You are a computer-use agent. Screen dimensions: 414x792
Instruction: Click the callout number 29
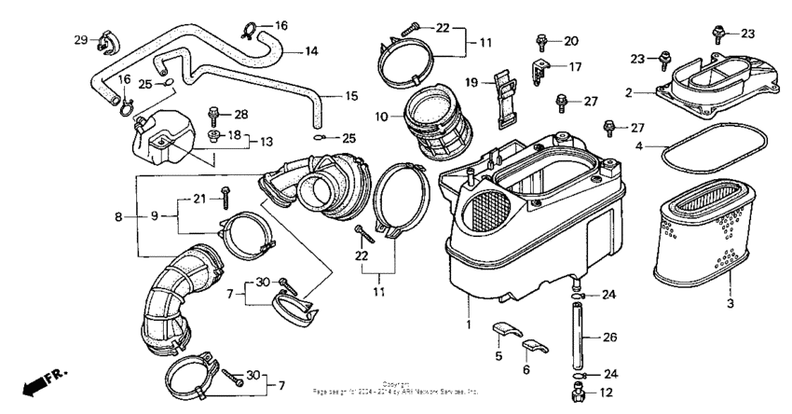tap(80, 38)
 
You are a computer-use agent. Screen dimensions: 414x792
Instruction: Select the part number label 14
tap(311, 50)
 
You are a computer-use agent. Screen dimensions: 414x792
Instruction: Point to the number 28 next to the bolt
tap(241, 115)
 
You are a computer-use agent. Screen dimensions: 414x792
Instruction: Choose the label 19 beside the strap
tap(471, 82)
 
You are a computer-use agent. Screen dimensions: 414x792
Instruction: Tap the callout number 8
tap(118, 217)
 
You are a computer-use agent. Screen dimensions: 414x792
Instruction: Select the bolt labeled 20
tap(541, 41)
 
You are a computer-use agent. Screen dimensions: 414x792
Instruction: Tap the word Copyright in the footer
tap(396, 382)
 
